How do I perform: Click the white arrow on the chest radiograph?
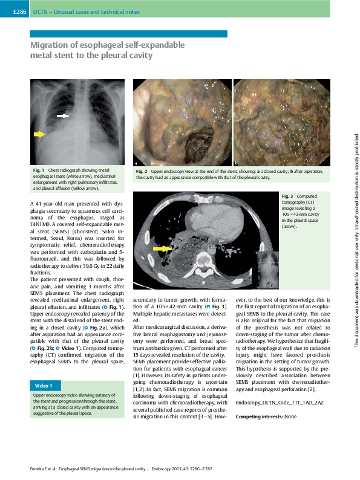point(63,115)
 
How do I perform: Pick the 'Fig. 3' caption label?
point(287,196)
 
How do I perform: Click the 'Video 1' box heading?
point(44,385)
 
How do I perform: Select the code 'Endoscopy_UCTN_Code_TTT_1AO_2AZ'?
point(280,402)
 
